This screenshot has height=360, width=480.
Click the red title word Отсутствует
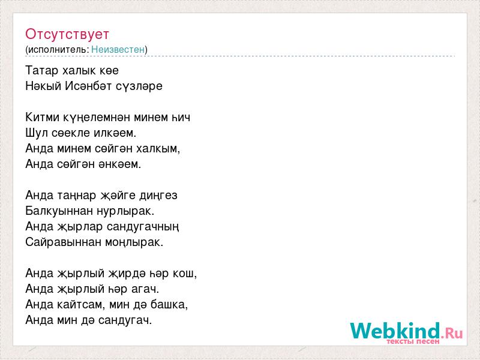(67, 34)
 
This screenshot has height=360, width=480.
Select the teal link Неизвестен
(118, 49)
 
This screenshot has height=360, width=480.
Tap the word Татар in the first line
(41, 70)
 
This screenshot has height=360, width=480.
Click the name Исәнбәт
(88, 86)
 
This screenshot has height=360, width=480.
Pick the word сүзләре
(139, 86)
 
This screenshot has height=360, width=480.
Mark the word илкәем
(115, 133)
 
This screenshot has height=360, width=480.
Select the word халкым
(158, 149)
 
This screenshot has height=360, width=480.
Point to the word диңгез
(158, 196)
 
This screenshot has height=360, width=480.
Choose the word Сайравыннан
(64, 242)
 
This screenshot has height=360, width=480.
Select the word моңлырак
(134, 243)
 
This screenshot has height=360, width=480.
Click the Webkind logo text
(407, 331)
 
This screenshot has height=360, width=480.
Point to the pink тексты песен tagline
(413, 341)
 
